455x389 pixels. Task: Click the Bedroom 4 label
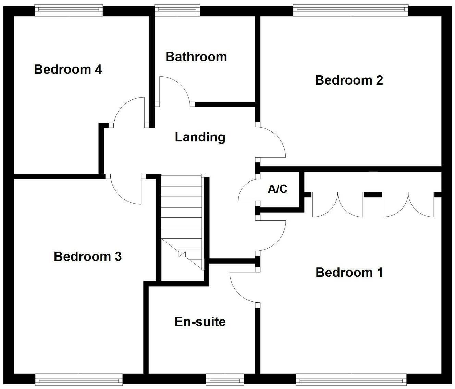tap(68, 70)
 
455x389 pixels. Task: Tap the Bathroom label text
tap(196, 57)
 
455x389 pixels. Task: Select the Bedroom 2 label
tap(349, 80)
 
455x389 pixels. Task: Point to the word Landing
tap(200, 137)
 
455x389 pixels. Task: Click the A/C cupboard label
tap(278, 189)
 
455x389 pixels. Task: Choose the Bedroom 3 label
tap(88, 256)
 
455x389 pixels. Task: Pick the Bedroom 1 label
tap(349, 273)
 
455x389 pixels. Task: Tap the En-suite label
tap(200, 322)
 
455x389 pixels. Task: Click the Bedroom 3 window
tap(79, 379)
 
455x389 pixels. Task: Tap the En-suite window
tap(225, 379)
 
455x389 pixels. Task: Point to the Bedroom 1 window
tap(351, 379)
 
